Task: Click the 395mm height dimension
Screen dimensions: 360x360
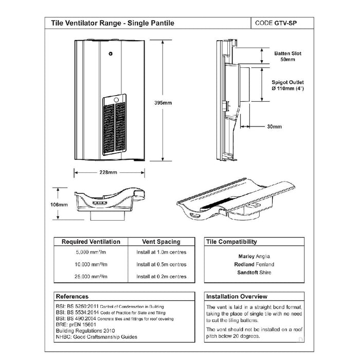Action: pyautogui.click(x=163, y=103)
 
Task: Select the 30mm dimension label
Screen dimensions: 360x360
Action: pyautogui.click(x=275, y=126)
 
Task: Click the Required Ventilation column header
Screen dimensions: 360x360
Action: pyautogui.click(x=91, y=241)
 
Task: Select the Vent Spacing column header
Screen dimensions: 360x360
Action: pyautogui.click(x=161, y=241)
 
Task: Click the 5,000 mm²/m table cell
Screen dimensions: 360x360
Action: pyautogui.click(x=91, y=252)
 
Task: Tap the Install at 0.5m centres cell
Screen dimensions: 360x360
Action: pyautogui.click(x=161, y=264)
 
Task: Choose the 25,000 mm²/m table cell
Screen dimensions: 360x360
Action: pyautogui.click(x=91, y=277)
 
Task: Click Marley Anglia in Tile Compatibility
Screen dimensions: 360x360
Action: pyautogui.click(x=254, y=256)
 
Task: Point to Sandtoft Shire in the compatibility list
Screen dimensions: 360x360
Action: pyautogui.click(x=254, y=273)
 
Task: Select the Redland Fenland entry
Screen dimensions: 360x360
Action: pyautogui.click(x=254, y=264)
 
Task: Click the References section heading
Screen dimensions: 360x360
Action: pyautogui.click(x=72, y=297)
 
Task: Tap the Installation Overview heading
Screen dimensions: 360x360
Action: pyautogui.click(x=237, y=297)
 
